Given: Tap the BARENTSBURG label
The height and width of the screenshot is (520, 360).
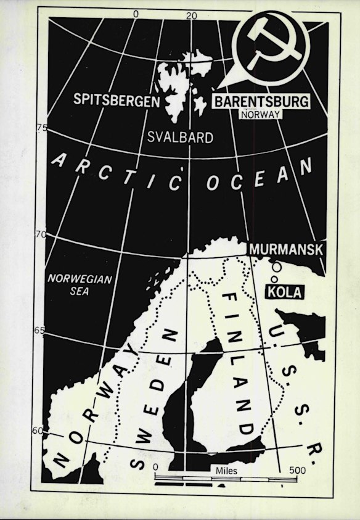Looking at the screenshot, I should click(261, 102).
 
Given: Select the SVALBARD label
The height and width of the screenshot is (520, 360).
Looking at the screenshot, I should click(180, 137).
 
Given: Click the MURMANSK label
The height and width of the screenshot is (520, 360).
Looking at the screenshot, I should click(285, 249).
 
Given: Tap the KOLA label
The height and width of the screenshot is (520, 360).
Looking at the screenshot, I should click(284, 292).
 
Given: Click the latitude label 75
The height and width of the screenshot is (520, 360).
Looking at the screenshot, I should click(42, 128).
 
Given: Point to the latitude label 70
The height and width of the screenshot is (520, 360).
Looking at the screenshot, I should click(41, 234).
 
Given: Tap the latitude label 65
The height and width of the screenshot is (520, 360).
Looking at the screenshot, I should click(39, 331).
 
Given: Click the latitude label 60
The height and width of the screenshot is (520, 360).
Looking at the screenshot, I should click(38, 431).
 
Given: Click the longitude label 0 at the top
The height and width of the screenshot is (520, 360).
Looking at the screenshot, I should click(136, 14).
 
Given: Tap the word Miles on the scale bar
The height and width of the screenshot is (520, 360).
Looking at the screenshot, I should click(226, 471).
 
